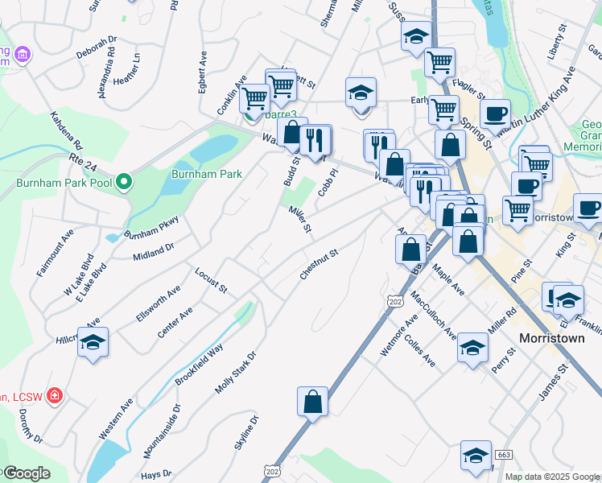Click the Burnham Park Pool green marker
pos(123,183)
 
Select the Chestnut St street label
pos(320,264)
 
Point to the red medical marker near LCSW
pos(54,396)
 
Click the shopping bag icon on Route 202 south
pos(312,401)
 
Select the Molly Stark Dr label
pos(235,373)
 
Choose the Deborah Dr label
pos(97,48)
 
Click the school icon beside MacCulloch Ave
pos(472,349)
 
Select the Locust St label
pos(212,279)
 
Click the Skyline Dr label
pos(247,436)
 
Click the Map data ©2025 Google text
pos(552,477)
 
